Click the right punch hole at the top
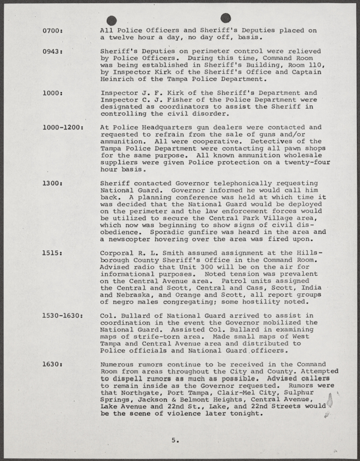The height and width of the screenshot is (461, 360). tap(226, 18)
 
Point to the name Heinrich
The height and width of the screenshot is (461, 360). tap(119, 79)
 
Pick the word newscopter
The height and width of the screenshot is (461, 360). tap(131, 240)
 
